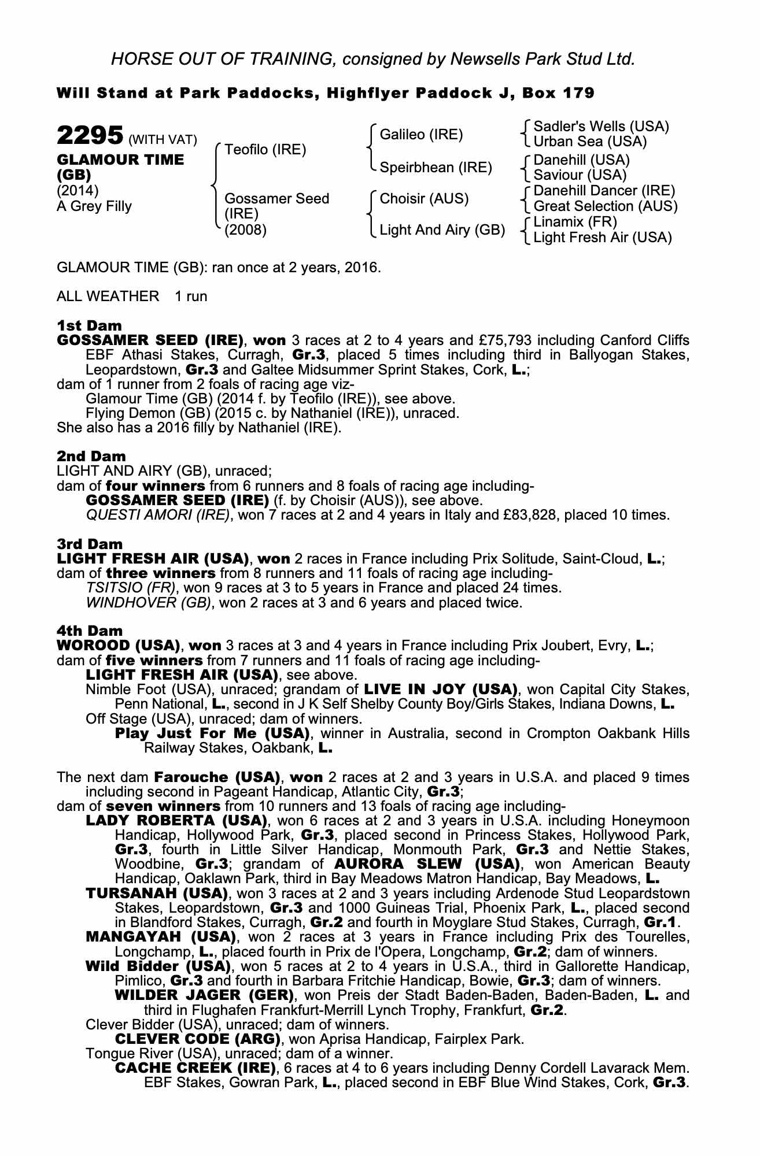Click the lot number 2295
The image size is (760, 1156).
pos(90,136)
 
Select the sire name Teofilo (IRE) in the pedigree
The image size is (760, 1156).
pos(265,150)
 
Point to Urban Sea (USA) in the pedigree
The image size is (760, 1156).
pos(590,142)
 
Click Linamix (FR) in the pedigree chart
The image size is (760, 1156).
pos(575,222)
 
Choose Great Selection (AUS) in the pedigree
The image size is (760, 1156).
pos(606,206)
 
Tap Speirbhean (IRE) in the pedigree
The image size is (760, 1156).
pos(436,168)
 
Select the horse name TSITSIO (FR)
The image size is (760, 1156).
pos(130,588)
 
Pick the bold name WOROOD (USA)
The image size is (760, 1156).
pos(116,645)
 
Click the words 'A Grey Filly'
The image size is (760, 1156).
pos(94,206)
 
